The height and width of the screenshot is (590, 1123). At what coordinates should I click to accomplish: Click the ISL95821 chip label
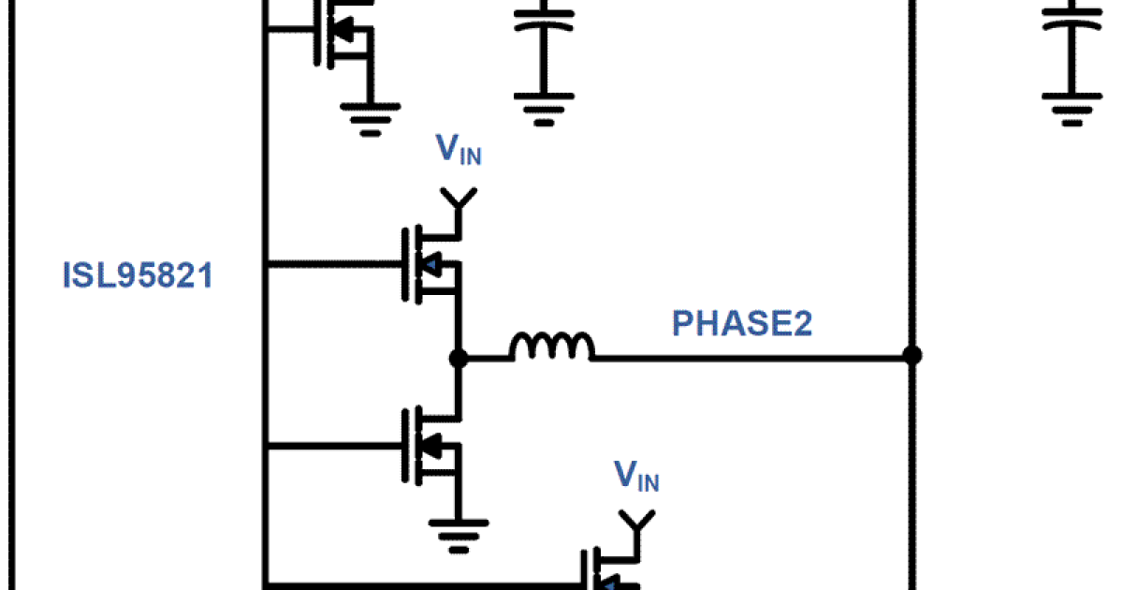[138, 276]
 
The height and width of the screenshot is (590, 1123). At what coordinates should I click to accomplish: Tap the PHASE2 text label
[742, 324]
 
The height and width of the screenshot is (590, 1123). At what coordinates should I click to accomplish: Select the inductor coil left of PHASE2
[551, 347]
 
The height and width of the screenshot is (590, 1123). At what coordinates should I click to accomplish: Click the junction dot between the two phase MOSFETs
[458, 357]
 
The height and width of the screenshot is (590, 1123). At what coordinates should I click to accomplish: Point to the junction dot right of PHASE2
[912, 356]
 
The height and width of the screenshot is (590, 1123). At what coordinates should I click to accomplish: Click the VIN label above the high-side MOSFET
[459, 151]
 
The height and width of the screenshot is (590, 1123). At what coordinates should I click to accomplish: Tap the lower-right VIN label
[636, 477]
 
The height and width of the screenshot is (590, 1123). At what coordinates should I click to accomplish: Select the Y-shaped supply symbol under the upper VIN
[458, 199]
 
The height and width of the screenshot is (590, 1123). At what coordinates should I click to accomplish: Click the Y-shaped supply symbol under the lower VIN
[637, 521]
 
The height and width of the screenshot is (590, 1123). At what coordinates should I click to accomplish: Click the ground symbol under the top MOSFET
[371, 117]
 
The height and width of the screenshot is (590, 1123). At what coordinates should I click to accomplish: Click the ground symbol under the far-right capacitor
[1072, 106]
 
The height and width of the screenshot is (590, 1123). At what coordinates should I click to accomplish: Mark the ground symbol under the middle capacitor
[544, 106]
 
